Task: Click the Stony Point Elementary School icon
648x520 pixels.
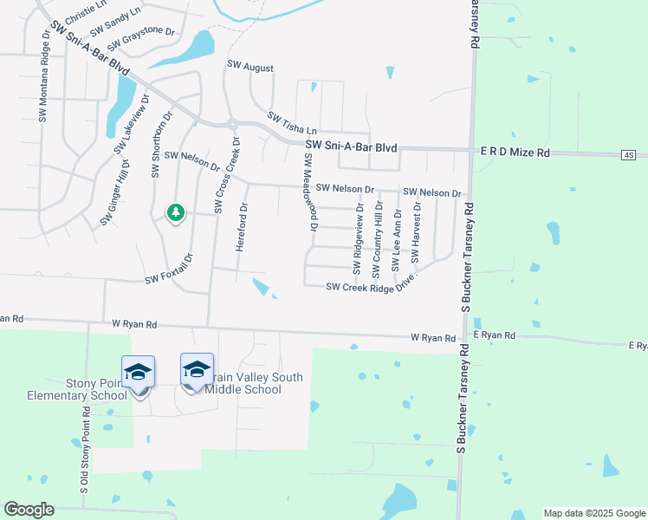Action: (x=139, y=373)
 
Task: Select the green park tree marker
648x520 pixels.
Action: (x=175, y=212)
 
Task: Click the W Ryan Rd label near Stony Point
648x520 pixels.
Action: (x=134, y=324)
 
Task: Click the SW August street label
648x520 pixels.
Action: (x=249, y=67)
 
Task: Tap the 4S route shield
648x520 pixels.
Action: (x=628, y=155)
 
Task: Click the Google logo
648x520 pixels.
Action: (x=29, y=510)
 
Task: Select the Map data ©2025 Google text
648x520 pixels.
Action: (x=593, y=513)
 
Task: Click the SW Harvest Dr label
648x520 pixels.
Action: (x=417, y=234)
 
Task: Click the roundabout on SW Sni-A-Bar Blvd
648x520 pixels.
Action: (x=231, y=124)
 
